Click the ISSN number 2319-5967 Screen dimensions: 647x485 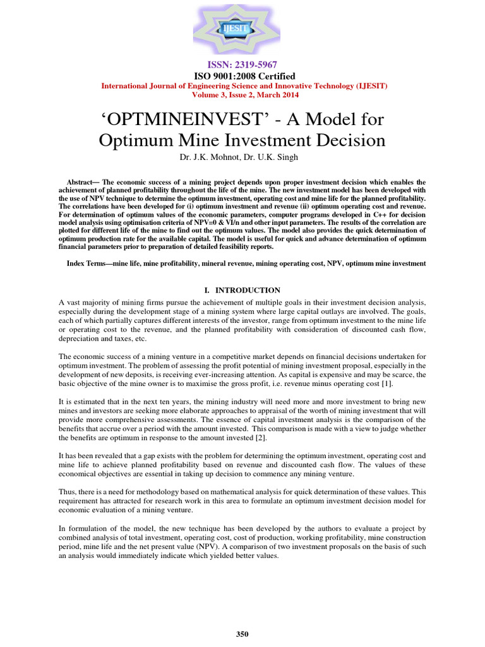tap(242, 65)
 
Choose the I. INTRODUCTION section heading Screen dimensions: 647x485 tap(242, 290)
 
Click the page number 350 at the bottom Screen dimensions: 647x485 tap(242, 634)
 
